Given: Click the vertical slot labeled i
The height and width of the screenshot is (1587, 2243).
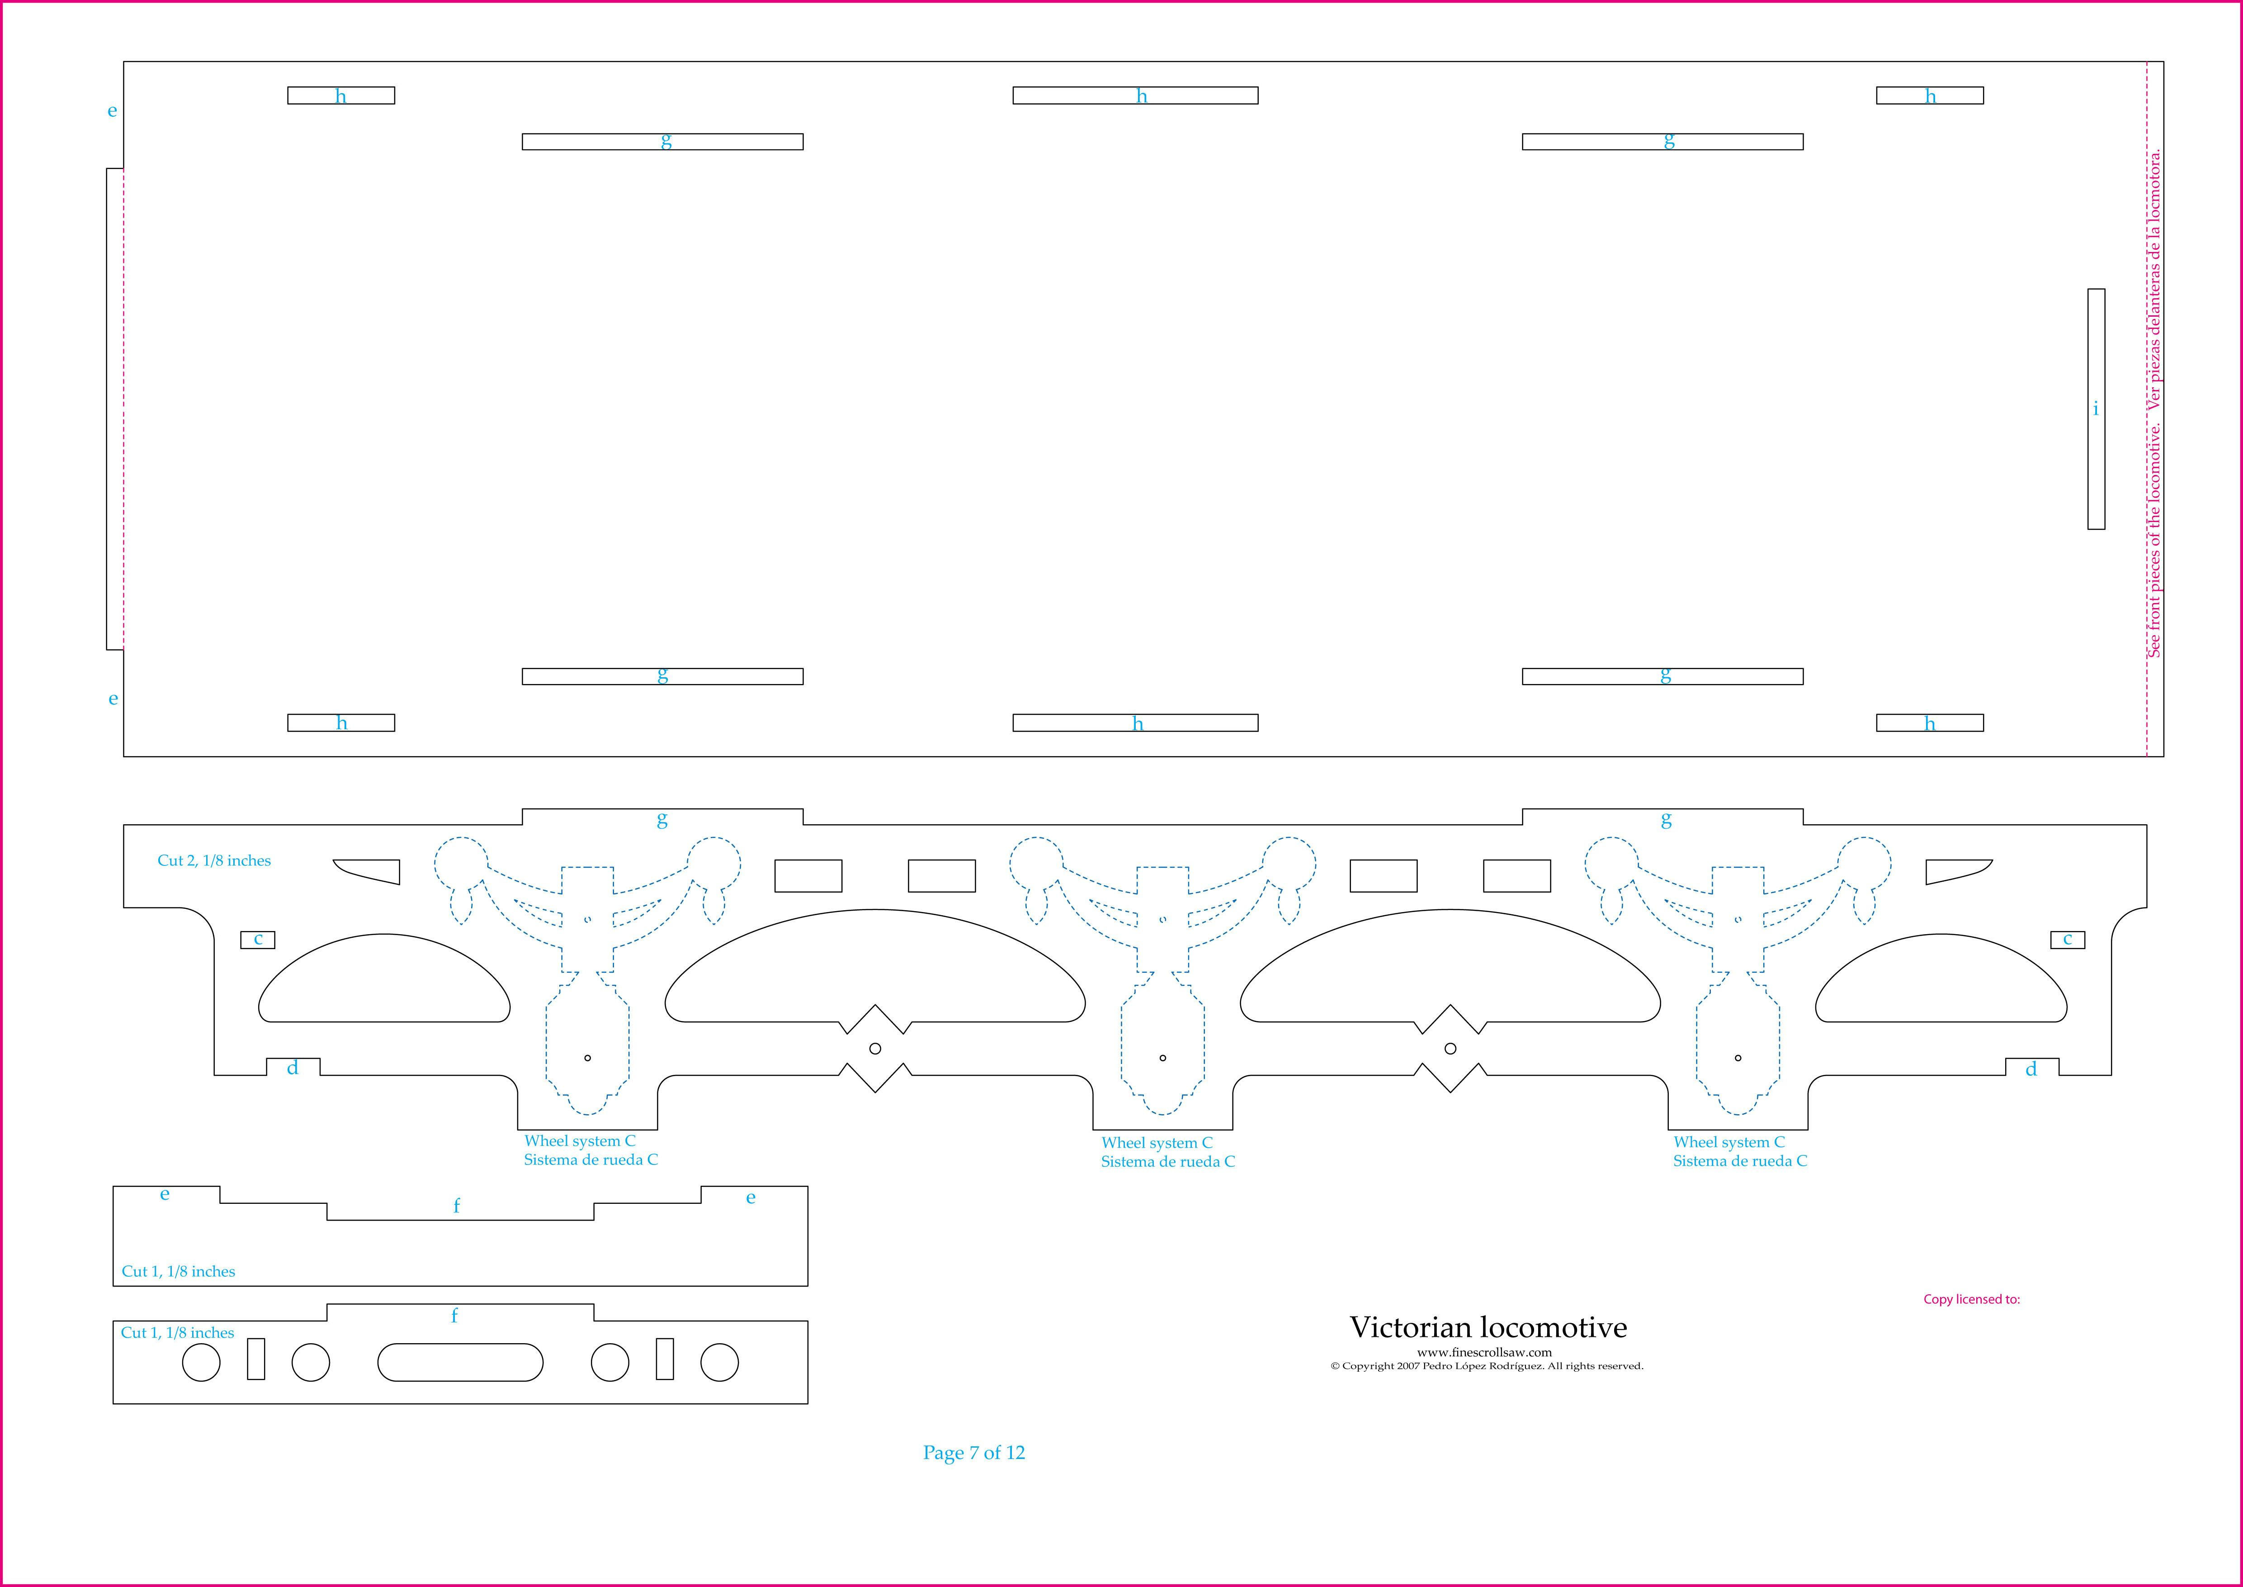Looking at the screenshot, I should [2096, 409].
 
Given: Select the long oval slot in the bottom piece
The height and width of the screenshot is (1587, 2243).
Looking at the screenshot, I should [460, 1362].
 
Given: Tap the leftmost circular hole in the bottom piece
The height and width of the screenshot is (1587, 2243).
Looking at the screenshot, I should [201, 1362].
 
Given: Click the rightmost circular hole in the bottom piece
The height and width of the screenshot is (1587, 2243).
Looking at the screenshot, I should [720, 1362].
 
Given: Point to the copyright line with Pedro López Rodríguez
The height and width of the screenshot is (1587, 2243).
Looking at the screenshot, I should [1486, 1366].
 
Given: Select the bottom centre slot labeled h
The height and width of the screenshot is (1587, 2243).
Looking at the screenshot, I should [1135, 723].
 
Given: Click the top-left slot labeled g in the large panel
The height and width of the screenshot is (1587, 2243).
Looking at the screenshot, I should [662, 142].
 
